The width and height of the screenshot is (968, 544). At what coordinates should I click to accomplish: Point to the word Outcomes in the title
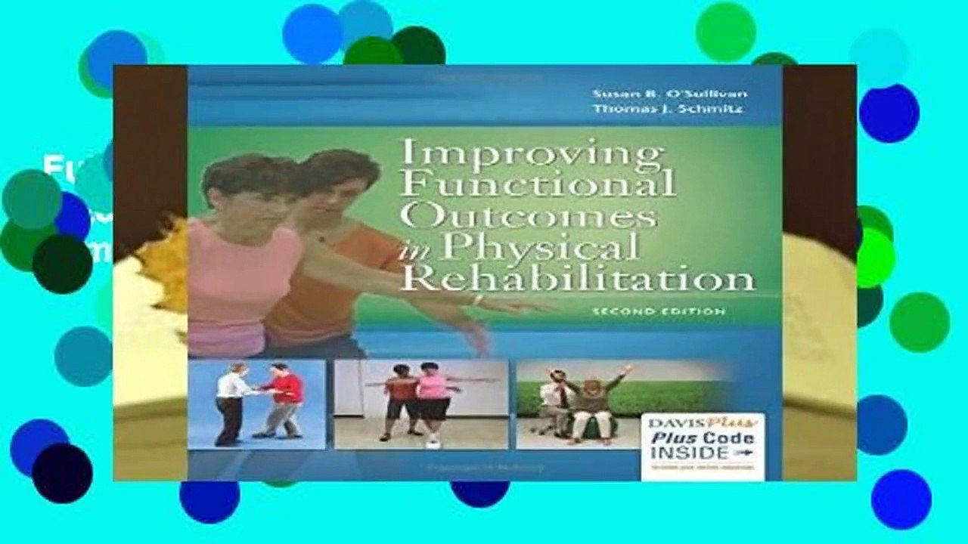click(528, 217)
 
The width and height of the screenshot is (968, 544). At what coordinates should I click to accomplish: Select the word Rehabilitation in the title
click(577, 278)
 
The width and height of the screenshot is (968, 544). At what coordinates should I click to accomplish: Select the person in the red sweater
click(284, 400)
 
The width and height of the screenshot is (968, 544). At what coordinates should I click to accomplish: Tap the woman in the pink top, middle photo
click(433, 400)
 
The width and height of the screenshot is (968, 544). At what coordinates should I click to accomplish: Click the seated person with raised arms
click(591, 404)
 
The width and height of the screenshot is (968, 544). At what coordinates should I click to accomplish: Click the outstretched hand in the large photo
click(522, 306)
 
